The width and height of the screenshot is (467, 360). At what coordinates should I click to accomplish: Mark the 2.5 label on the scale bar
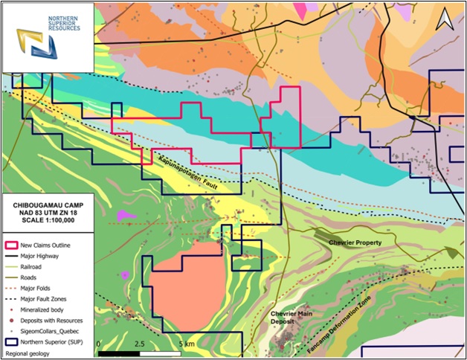tap(138, 344)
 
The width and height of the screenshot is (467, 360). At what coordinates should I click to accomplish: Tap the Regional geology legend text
tap(30, 353)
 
